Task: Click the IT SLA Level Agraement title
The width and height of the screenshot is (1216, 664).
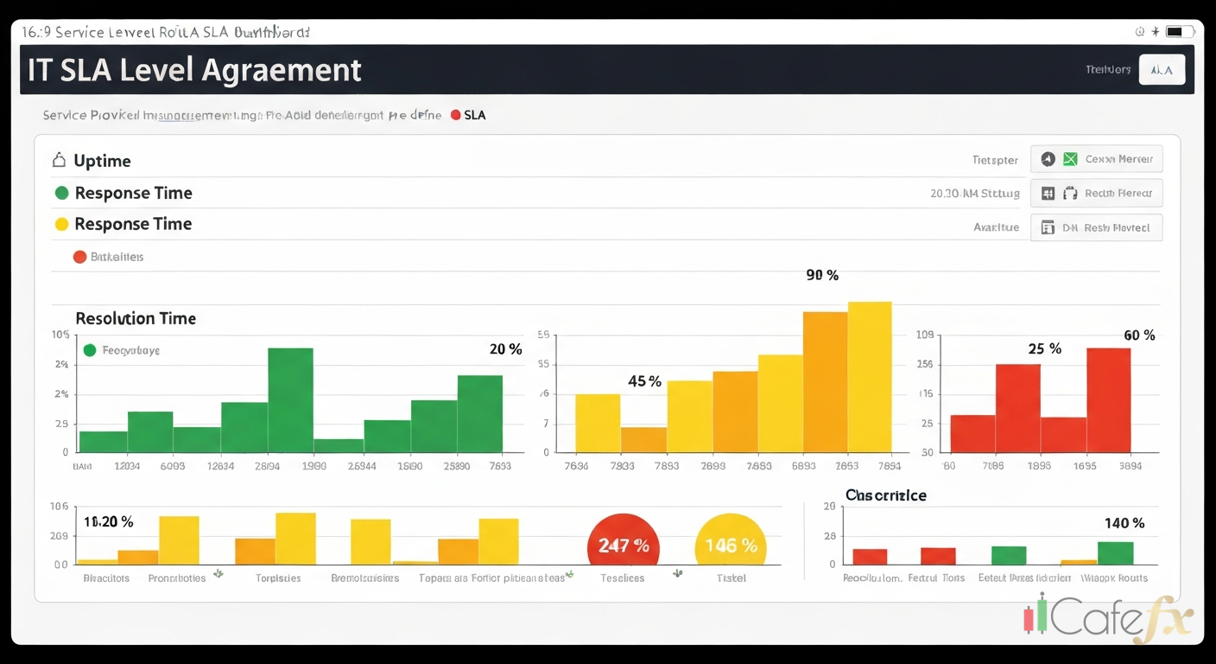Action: tap(194, 70)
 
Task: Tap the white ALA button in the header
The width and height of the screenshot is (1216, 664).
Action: tap(1162, 70)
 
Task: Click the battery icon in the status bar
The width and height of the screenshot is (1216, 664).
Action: tap(1175, 32)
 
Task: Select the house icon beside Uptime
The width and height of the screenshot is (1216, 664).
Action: tap(60, 161)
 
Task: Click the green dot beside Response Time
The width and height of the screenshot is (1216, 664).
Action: tap(61, 193)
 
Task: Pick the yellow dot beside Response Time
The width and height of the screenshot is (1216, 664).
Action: tap(61, 225)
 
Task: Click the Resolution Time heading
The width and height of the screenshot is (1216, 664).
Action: tap(136, 318)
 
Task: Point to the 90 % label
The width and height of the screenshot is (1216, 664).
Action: tap(822, 275)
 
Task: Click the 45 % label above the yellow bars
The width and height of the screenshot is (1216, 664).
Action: tap(644, 381)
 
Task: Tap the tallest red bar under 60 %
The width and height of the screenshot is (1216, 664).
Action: tap(1108, 399)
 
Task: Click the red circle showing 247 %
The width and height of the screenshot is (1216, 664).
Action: tap(624, 546)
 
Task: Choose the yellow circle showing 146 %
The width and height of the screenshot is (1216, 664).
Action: tap(731, 546)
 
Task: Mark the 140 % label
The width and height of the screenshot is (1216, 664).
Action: tap(1124, 523)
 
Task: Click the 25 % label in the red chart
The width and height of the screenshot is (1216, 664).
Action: tap(1044, 349)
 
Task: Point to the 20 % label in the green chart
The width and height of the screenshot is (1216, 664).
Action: tap(505, 349)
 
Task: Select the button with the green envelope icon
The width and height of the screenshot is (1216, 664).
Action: tap(1097, 159)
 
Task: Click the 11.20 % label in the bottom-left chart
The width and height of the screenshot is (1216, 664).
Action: tap(109, 522)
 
